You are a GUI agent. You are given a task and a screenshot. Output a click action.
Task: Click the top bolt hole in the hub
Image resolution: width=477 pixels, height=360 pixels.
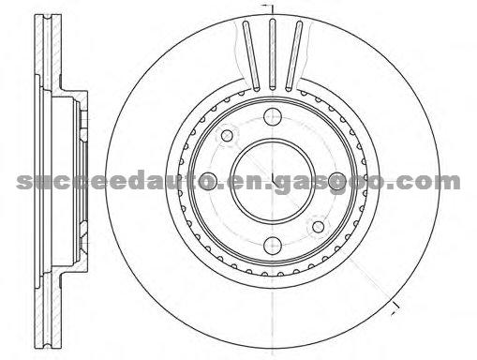coord(273,116)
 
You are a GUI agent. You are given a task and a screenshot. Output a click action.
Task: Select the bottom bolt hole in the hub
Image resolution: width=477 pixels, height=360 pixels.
coord(273,246)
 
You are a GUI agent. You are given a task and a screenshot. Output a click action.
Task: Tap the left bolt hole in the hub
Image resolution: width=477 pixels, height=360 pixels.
coord(208,181)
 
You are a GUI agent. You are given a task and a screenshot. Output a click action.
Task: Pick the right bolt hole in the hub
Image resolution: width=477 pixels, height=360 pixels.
coord(337,181)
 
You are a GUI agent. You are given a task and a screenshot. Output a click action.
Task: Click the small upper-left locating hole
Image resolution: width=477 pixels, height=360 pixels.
coord(227,136)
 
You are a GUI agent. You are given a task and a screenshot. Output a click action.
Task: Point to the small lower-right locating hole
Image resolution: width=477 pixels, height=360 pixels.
coord(318,227)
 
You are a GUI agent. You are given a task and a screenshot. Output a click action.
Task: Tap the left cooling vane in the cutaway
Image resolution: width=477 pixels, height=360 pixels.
coord(251,55)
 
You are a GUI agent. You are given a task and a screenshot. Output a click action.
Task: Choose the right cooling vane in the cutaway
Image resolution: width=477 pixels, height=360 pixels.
coord(294,55)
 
